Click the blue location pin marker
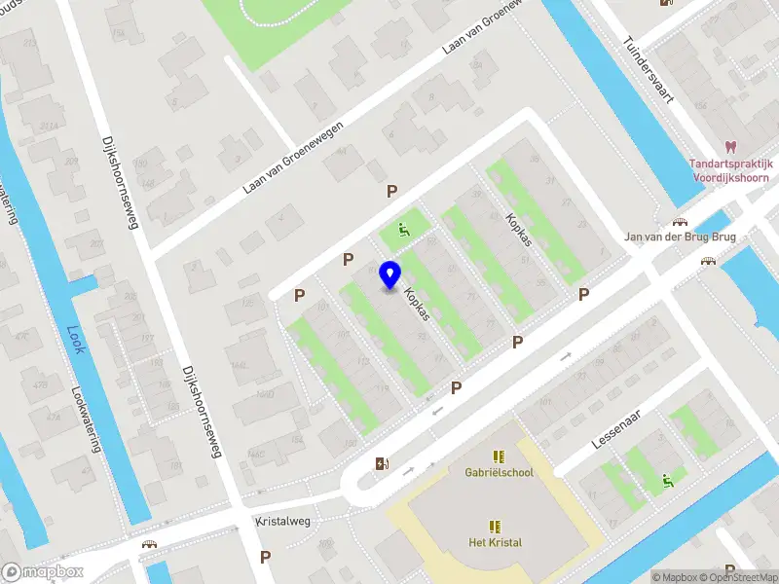389,275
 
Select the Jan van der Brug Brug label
679,237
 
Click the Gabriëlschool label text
499,473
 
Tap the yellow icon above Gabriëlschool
499,456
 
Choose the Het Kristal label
496,543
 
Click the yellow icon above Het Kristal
496,526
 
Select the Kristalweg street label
282,521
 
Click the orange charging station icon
381,463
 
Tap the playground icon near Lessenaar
667,479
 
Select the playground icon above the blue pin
402,230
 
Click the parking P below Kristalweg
265,557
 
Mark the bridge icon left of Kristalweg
150,545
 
